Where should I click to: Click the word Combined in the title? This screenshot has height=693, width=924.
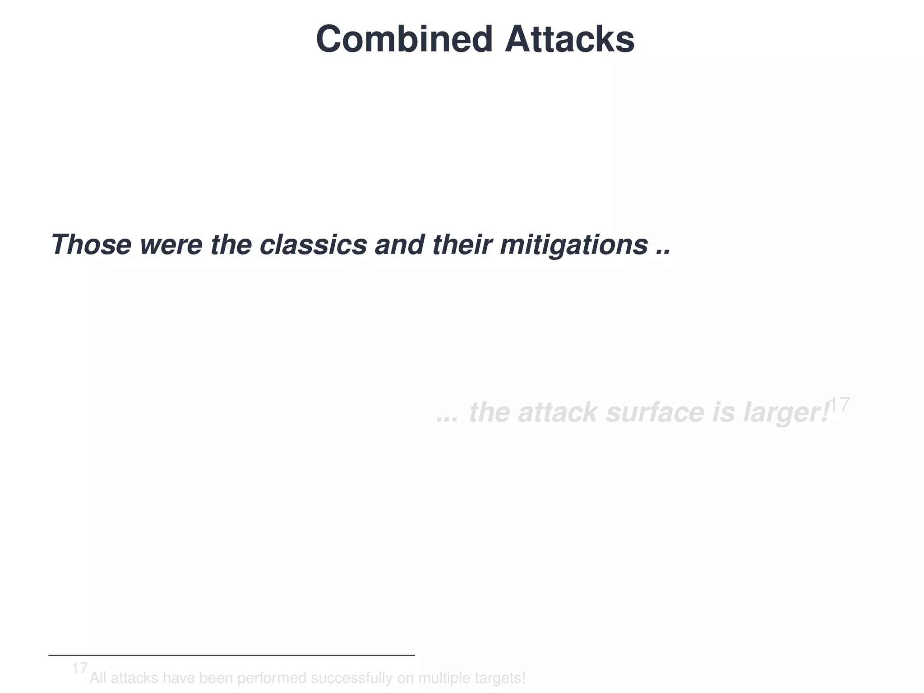(404, 40)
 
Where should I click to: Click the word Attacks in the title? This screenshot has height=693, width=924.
(569, 40)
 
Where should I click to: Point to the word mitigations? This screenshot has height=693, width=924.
(574, 245)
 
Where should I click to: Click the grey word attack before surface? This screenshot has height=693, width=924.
(558, 412)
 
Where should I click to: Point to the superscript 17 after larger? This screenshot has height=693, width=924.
(840, 405)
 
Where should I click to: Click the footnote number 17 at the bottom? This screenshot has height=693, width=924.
(79, 668)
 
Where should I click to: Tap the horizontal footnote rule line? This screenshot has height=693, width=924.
(231, 655)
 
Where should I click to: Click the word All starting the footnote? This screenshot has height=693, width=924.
(98, 678)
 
